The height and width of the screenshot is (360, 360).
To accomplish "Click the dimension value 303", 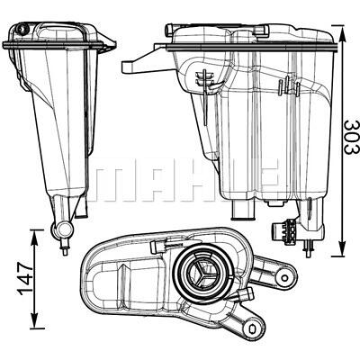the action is pyautogui.click(x=352, y=137).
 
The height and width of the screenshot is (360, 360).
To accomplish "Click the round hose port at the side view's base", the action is pyautogui.click(x=64, y=230).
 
